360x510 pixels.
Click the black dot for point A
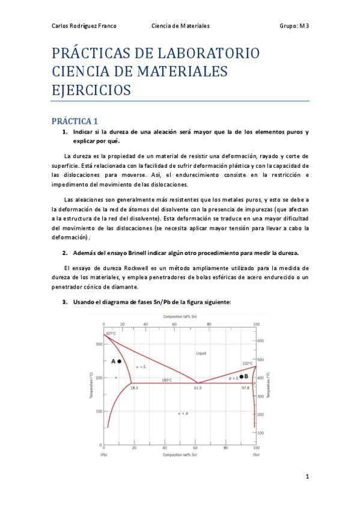tap(119, 361)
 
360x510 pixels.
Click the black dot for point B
tap(241, 376)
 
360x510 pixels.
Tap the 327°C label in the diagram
tap(111, 333)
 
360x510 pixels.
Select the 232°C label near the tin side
tap(248, 363)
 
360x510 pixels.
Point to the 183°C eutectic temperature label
tap(167, 379)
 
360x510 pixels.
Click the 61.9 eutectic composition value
tap(198, 389)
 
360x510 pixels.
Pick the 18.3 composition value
tap(135, 389)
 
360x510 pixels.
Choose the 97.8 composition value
tap(245, 389)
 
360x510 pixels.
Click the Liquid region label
tap(201, 354)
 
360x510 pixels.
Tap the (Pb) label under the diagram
tap(104, 455)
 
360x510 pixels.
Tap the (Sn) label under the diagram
tap(255, 455)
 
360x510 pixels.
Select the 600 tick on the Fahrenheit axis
tap(261, 340)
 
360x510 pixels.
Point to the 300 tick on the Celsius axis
tap(97, 344)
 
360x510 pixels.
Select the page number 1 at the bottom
tap(307, 477)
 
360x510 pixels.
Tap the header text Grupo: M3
tap(294, 26)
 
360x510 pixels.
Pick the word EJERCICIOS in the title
tap(91, 90)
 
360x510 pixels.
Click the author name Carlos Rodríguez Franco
tap(84, 26)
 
